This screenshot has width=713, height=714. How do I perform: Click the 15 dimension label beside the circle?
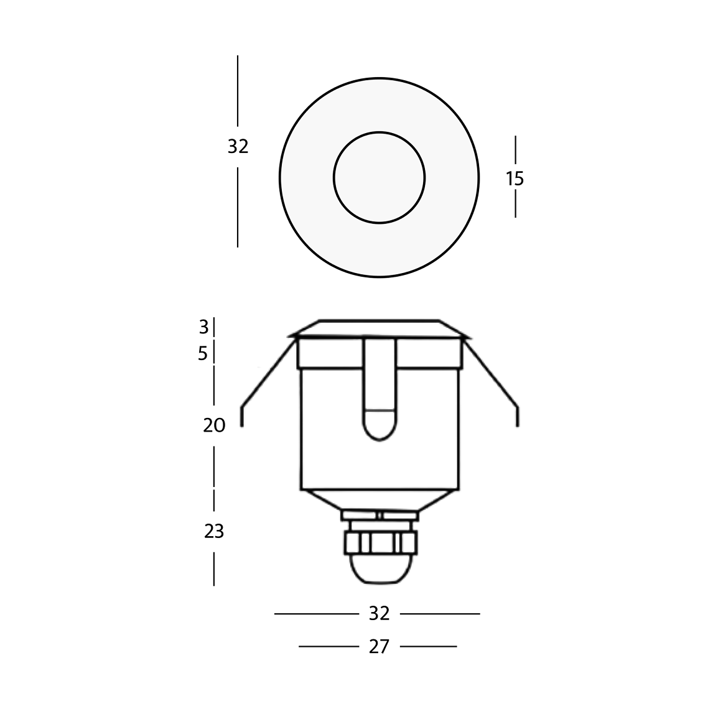tap(515, 179)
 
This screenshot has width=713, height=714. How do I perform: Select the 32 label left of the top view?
tap(238, 147)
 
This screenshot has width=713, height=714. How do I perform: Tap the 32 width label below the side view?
tap(379, 614)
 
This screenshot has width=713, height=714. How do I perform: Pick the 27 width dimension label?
tap(379, 647)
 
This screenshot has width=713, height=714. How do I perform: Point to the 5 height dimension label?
tap(203, 354)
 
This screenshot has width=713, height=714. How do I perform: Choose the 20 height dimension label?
tap(213, 426)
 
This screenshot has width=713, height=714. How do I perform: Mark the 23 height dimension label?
tap(213, 532)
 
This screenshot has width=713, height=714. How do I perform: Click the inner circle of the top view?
tap(380, 177)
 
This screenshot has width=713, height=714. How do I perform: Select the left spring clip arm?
tap(264, 379)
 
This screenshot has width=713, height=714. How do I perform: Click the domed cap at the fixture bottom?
tap(380, 569)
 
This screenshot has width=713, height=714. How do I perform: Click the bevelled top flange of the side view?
tap(380, 328)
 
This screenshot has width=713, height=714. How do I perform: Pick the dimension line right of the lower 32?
tap(440, 614)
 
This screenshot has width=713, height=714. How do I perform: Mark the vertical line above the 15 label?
tap(515, 151)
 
